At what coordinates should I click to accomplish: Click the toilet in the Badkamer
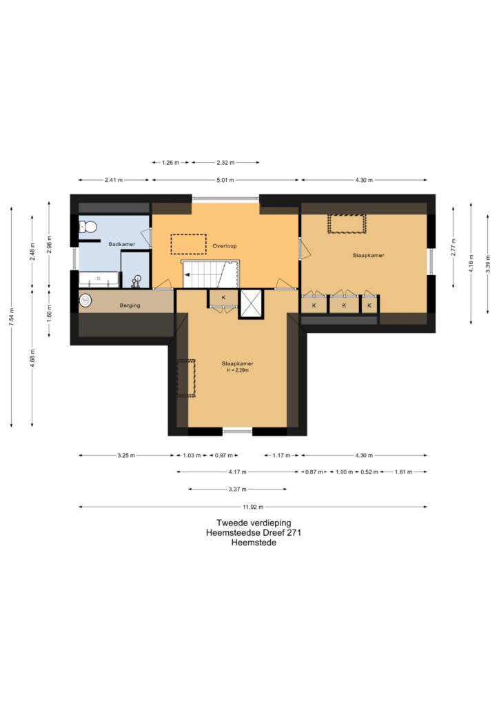point(89,226)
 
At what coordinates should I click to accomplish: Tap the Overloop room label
point(225,246)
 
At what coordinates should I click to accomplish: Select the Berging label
point(130,305)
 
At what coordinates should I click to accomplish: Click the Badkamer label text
point(121,245)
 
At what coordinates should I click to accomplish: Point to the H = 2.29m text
point(237,370)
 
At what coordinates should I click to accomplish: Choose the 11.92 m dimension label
point(253,507)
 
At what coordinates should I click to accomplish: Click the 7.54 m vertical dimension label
point(12,317)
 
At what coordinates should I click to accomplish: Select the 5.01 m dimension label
point(225,180)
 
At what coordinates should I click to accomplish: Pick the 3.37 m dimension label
point(237,490)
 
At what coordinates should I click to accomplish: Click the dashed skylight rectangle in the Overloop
point(189,245)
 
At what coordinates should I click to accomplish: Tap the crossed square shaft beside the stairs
point(251,304)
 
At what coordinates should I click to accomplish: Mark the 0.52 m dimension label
point(369,472)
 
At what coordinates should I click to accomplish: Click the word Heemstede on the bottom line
point(254,543)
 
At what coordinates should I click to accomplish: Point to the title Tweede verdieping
point(254,523)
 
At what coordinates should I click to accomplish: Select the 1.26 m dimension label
point(170,163)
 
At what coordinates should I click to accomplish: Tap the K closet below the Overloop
point(223,298)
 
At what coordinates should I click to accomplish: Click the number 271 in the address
point(294,533)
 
